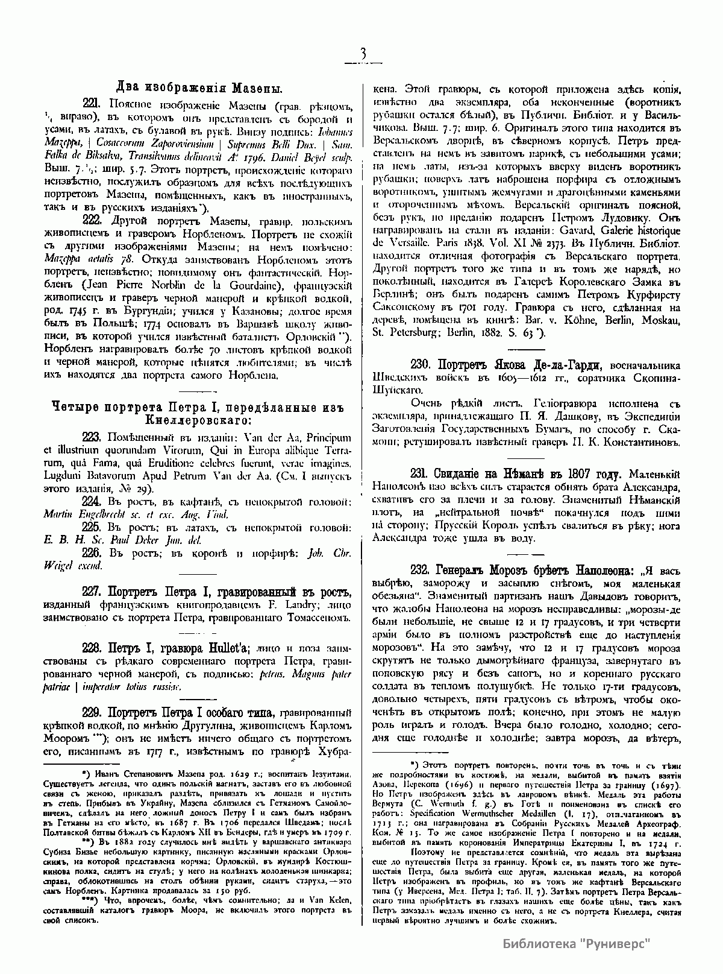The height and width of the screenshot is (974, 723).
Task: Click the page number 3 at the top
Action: [x=363, y=55]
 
